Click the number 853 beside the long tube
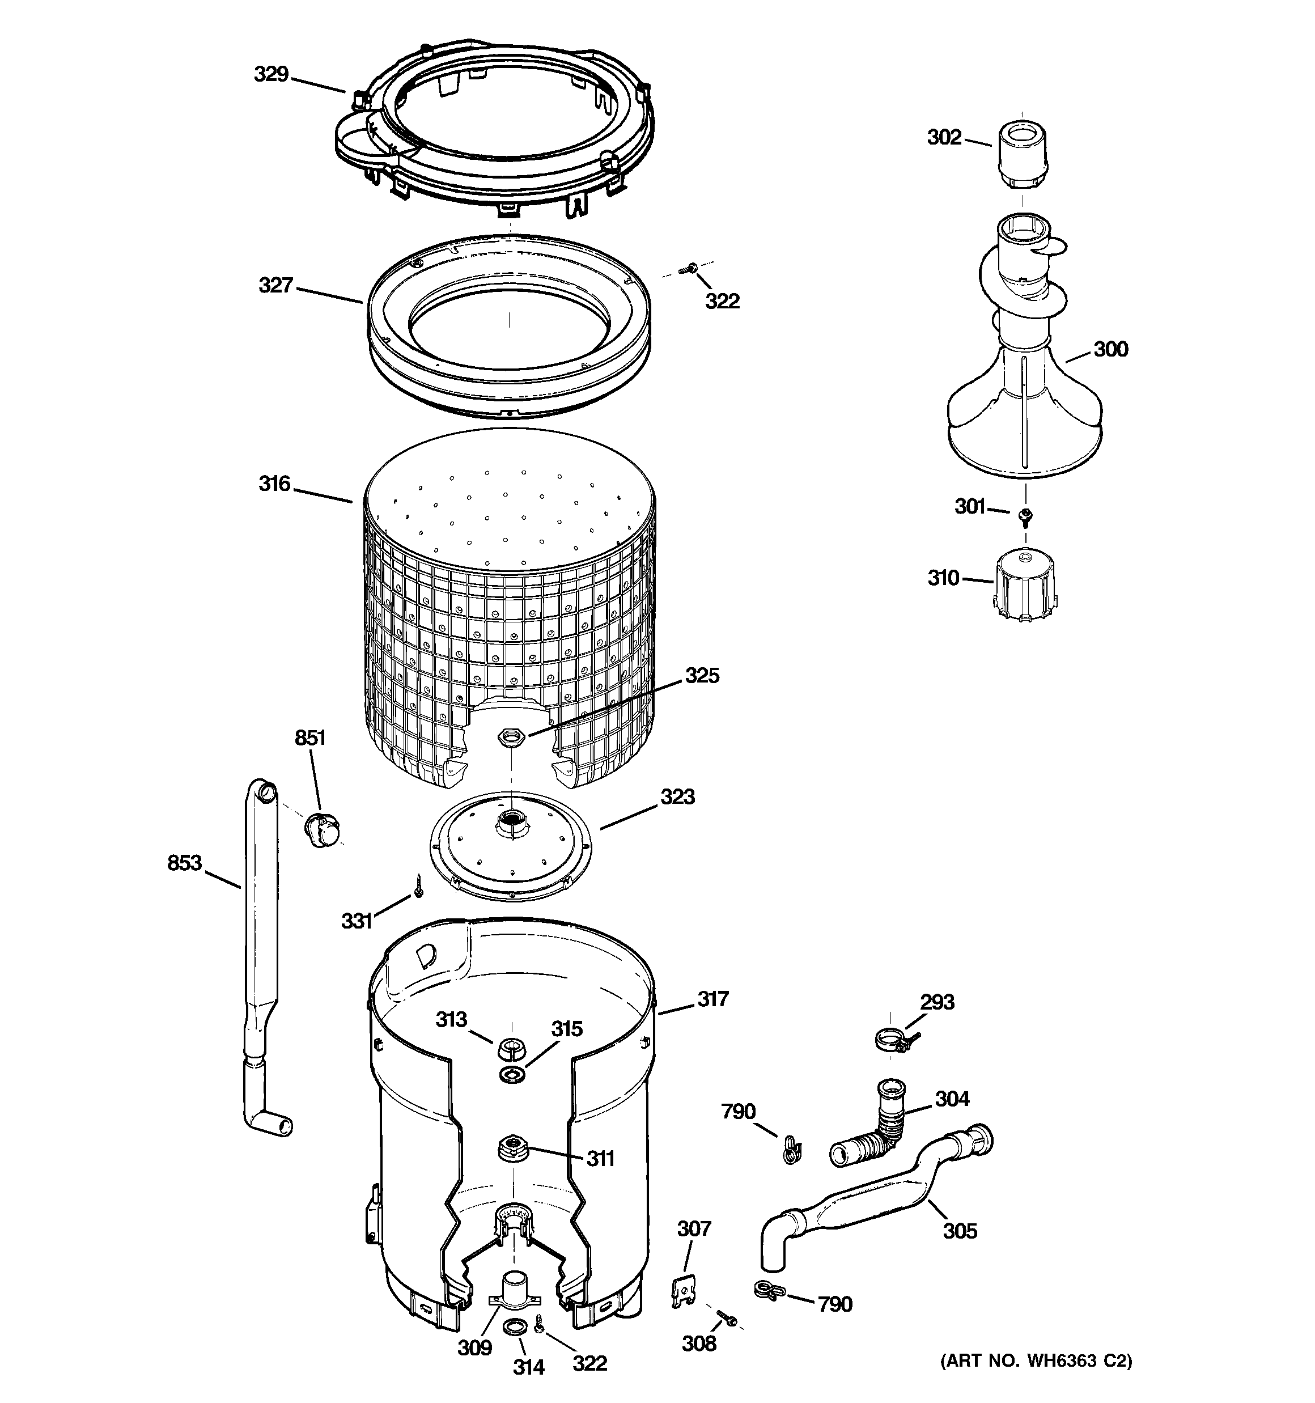point(184,862)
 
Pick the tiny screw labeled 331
point(418,885)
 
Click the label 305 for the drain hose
point(960,1231)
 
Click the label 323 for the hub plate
point(677,797)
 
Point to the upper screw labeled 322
point(688,268)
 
